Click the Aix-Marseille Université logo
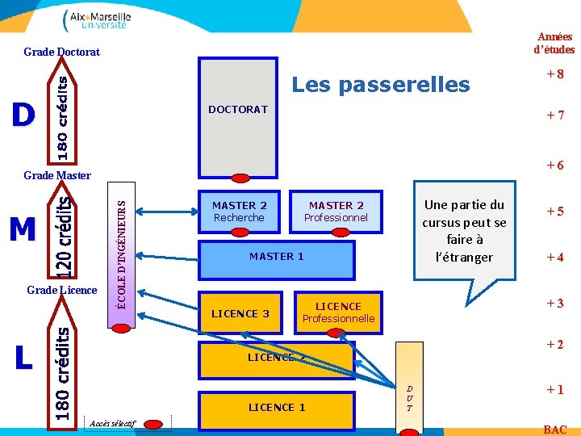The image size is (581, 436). click(x=95, y=19)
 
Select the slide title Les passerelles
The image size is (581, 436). click(x=380, y=84)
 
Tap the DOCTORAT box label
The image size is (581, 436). click(x=237, y=109)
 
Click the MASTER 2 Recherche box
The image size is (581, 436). click(x=239, y=212)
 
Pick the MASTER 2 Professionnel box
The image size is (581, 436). click(x=336, y=212)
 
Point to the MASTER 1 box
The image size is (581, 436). click(x=276, y=257)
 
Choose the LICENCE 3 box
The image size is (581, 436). click(x=240, y=313)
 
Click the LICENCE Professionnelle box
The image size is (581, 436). click(x=338, y=312)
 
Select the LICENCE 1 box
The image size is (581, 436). click(x=277, y=407)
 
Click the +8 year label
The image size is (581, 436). click(x=554, y=74)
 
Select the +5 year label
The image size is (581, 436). click(x=554, y=212)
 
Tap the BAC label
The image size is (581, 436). click(x=555, y=430)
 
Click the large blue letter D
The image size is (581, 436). click(x=23, y=115)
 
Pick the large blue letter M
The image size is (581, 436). click(x=23, y=230)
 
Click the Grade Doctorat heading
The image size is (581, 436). click(x=62, y=52)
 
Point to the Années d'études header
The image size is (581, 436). click(x=554, y=43)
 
